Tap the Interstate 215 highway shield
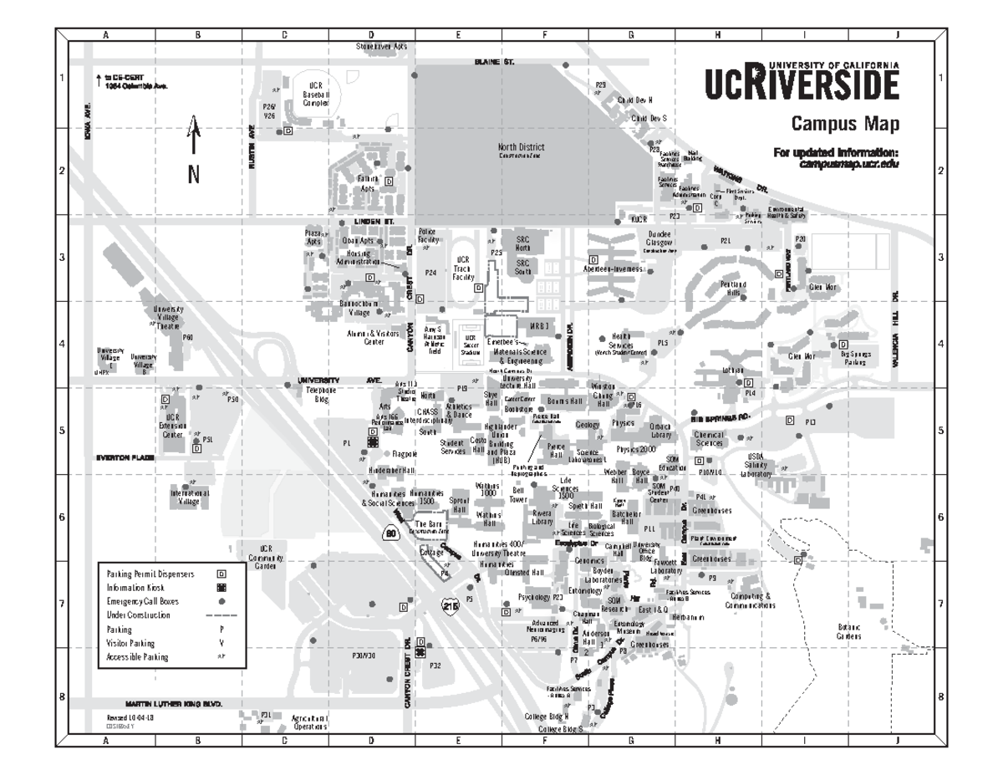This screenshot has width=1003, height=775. point(451,605)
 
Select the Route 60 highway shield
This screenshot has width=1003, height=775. point(394,533)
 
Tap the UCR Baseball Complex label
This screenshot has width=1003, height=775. point(315,94)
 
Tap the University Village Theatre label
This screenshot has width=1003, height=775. point(169,318)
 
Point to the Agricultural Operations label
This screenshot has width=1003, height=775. point(309,722)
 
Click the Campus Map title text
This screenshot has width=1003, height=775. point(846,125)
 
